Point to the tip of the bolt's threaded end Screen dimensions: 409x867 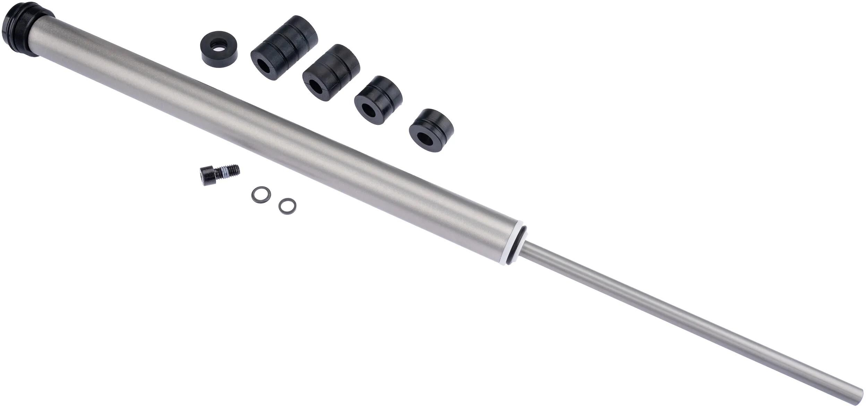coord(239,168)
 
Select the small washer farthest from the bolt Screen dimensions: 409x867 coord(287,206)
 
